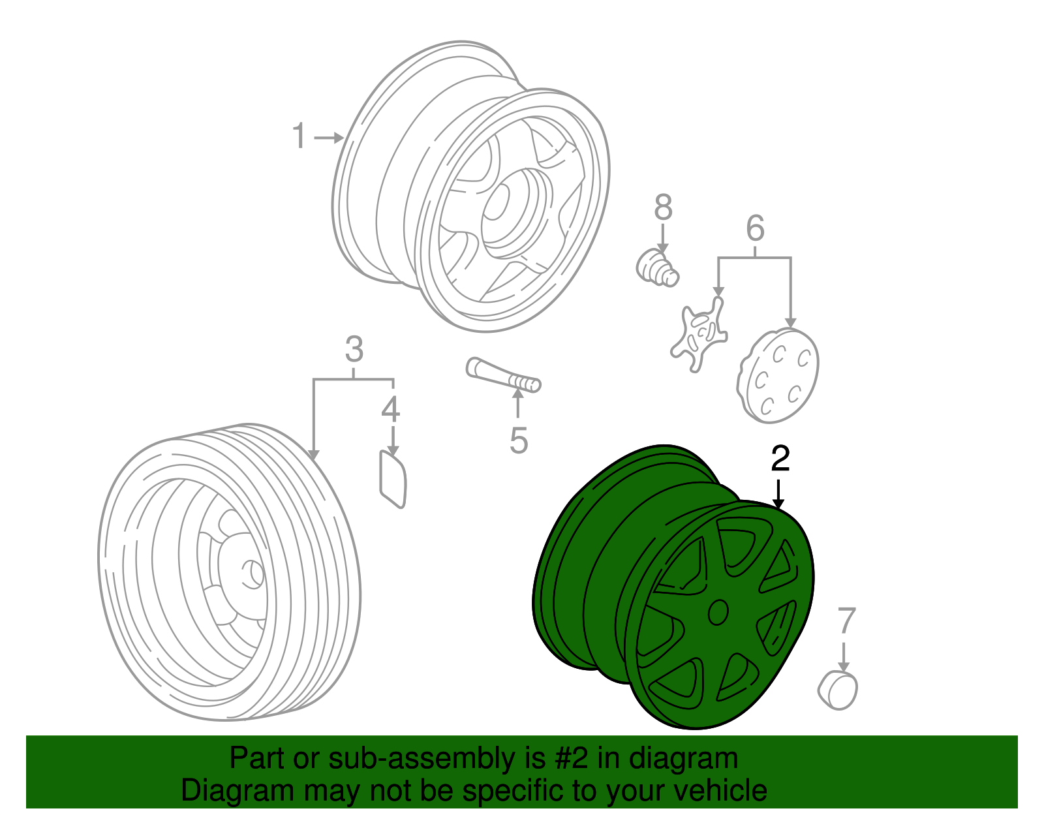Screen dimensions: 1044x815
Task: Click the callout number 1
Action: pyautogui.click(x=299, y=136)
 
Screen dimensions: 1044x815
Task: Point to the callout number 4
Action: pyautogui.click(x=391, y=409)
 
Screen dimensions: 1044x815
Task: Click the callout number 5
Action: pyautogui.click(x=519, y=440)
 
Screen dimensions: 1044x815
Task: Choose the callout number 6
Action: pyautogui.click(x=755, y=228)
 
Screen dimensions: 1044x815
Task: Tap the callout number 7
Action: pyautogui.click(x=846, y=620)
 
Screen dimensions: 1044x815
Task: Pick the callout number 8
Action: pyautogui.click(x=664, y=208)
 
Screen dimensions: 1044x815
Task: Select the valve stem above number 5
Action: pyautogui.click(x=504, y=375)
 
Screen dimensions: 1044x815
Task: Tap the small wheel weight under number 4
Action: pyautogui.click(x=393, y=479)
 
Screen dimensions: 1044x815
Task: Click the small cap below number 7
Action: pyautogui.click(x=838, y=690)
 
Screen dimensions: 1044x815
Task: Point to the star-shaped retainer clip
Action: pyautogui.click(x=699, y=334)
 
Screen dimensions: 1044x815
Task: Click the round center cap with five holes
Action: pyautogui.click(x=778, y=376)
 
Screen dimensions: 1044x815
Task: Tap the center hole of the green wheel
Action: pyautogui.click(x=718, y=612)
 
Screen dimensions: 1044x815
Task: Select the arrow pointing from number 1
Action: pyautogui.click(x=329, y=138)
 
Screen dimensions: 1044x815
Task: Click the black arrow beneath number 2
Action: pyautogui.click(x=778, y=494)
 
